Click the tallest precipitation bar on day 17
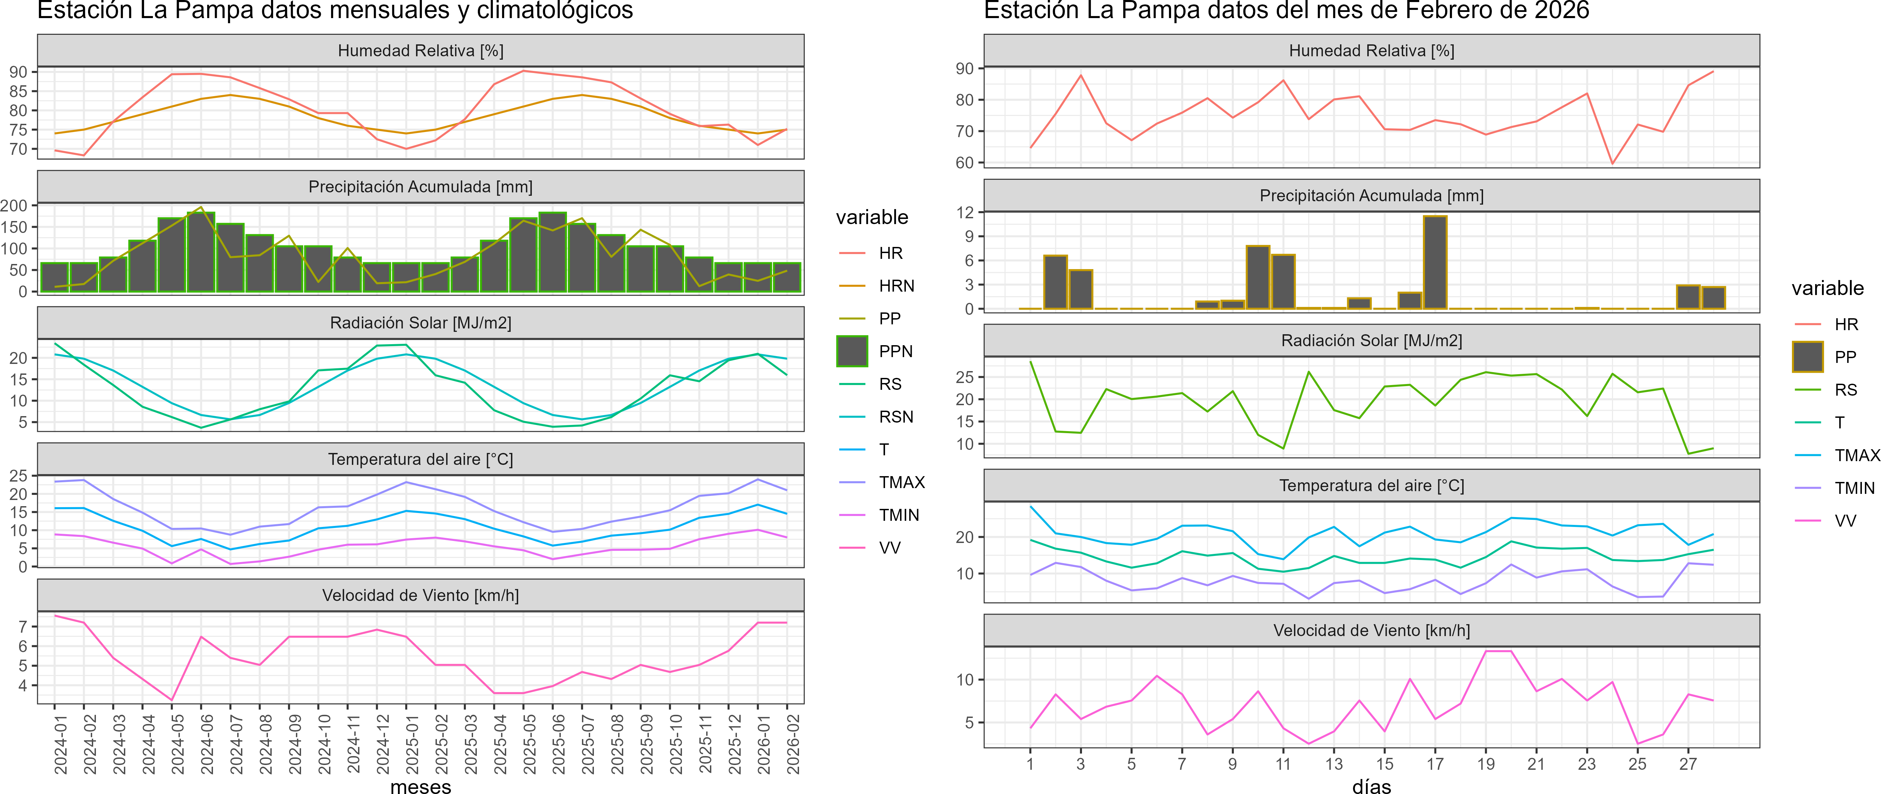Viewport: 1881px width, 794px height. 1435,263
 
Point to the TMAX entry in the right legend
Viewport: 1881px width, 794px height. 1856,455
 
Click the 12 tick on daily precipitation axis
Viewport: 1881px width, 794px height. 965,212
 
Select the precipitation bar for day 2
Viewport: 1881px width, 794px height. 1055,282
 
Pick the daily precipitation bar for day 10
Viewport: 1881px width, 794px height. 1257,277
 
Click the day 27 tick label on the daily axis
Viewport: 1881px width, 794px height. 1687,764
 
